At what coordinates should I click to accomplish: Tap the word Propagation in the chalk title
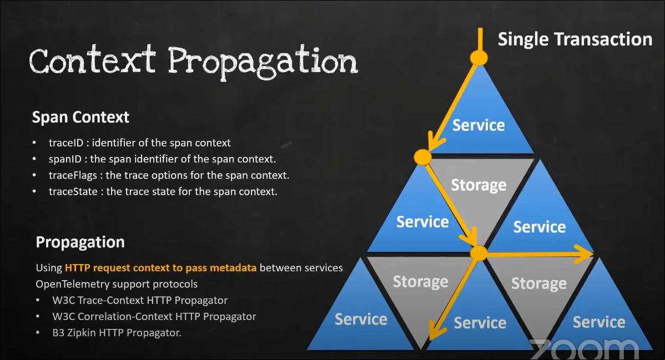(x=263, y=61)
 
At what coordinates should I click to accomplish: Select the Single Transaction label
(x=575, y=39)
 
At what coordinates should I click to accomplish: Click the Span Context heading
(x=80, y=118)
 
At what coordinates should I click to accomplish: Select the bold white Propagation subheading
(x=80, y=242)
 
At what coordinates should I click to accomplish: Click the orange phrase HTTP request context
(x=123, y=268)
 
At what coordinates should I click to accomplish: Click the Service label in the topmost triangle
(x=478, y=125)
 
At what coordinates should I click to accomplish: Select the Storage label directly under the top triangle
(x=478, y=185)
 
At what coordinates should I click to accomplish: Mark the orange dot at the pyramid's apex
(x=478, y=58)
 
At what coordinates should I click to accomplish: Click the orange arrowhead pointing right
(x=586, y=255)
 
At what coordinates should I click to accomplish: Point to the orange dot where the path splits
(x=478, y=253)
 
